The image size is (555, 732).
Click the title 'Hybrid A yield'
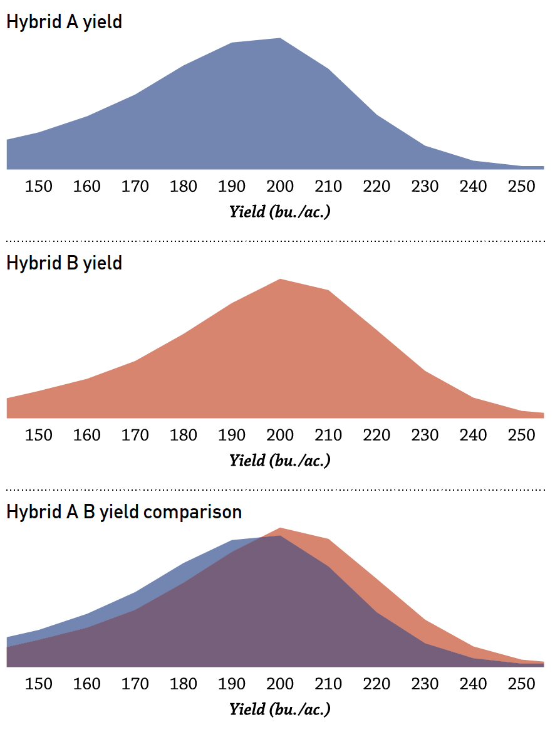[x=64, y=22]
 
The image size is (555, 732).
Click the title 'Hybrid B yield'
[x=64, y=263]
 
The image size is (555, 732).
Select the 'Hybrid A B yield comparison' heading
[x=124, y=511]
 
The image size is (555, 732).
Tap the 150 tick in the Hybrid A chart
[x=39, y=186]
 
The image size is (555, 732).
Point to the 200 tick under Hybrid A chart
[x=280, y=186]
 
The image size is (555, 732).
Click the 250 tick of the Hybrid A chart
[x=521, y=186]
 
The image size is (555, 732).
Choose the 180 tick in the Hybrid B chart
[x=184, y=435]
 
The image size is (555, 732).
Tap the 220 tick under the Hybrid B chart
[x=376, y=435]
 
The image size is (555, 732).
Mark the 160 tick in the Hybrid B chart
[x=87, y=435]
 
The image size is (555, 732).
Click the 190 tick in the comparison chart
[x=232, y=683]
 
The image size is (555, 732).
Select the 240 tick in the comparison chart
[x=473, y=683]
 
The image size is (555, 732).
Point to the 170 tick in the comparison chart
[x=135, y=683]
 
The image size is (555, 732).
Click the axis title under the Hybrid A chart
[x=279, y=211]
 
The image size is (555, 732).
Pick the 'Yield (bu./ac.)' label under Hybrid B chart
[x=279, y=461]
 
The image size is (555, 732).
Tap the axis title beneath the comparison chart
[x=279, y=709]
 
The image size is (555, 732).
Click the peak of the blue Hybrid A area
[x=280, y=39]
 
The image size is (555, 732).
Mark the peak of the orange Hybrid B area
[x=280, y=280]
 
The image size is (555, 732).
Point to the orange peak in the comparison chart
[x=280, y=529]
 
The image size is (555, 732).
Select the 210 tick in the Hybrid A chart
[x=328, y=186]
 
